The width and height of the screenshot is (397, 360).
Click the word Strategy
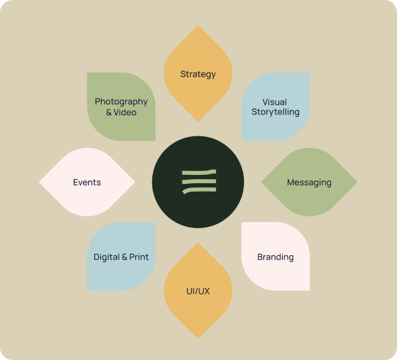pyautogui.click(x=198, y=74)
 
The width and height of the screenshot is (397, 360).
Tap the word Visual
pyautogui.click(x=274, y=102)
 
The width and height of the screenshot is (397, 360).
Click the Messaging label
pyautogui.click(x=309, y=183)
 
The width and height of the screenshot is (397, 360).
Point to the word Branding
pyautogui.click(x=276, y=257)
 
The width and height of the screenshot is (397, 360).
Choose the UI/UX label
pyautogui.click(x=198, y=291)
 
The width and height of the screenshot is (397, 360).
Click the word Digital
pyautogui.click(x=107, y=257)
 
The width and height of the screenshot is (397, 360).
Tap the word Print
pyautogui.click(x=139, y=257)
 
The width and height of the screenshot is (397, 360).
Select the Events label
pyautogui.click(x=87, y=183)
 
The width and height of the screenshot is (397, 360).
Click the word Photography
pyautogui.click(x=121, y=102)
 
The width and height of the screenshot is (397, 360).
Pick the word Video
pyautogui.click(x=125, y=113)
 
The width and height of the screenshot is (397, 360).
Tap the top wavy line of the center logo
pyautogui.click(x=198, y=172)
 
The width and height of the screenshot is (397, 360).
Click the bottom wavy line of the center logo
pyautogui.click(x=198, y=190)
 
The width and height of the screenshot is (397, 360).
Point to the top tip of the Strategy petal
pyautogui.click(x=198, y=27)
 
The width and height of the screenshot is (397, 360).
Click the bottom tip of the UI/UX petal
pyautogui.click(x=198, y=337)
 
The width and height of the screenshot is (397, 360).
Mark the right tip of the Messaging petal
pyautogui.click(x=356, y=183)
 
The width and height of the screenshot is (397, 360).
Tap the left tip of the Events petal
pyautogui.click(x=40, y=183)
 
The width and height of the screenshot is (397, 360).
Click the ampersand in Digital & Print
pyautogui.click(x=125, y=257)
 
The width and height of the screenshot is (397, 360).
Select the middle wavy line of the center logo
pyautogui.click(x=198, y=181)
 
